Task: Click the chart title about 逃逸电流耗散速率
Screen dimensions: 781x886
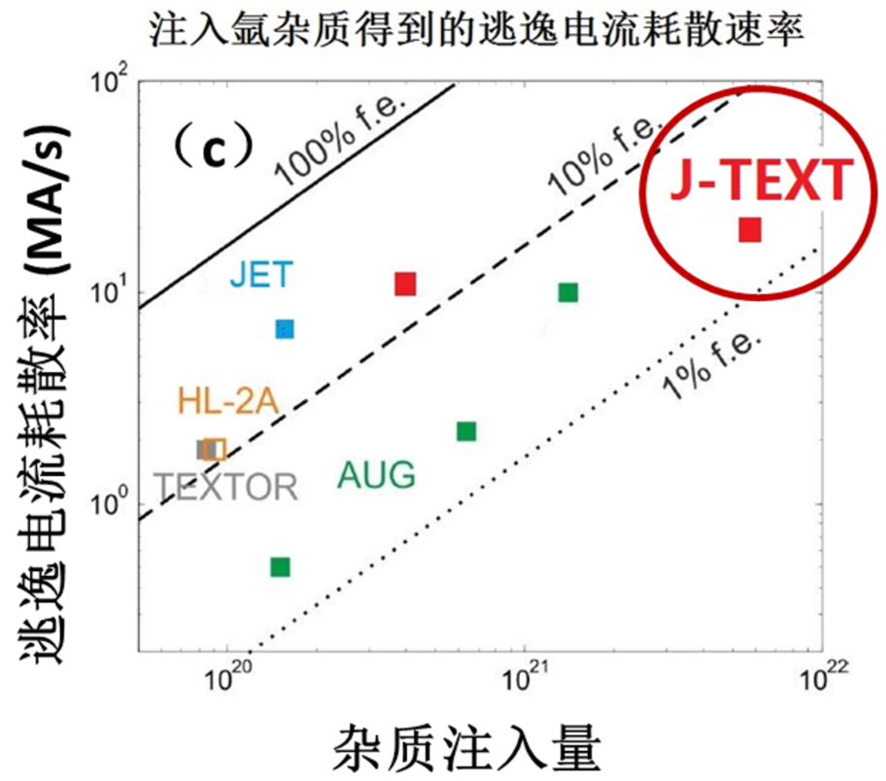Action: [477, 30]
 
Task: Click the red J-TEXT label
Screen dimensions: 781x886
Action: [761, 181]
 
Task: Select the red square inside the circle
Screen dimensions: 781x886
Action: [749, 230]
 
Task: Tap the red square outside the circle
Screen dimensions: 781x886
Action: [405, 284]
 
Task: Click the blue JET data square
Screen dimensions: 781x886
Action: [284, 329]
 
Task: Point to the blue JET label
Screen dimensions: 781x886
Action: [260, 275]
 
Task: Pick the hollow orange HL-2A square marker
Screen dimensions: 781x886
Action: [217, 449]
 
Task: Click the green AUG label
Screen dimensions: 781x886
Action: [376, 475]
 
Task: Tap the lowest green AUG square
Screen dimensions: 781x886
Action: [280, 567]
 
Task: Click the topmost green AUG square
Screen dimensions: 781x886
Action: [568, 292]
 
